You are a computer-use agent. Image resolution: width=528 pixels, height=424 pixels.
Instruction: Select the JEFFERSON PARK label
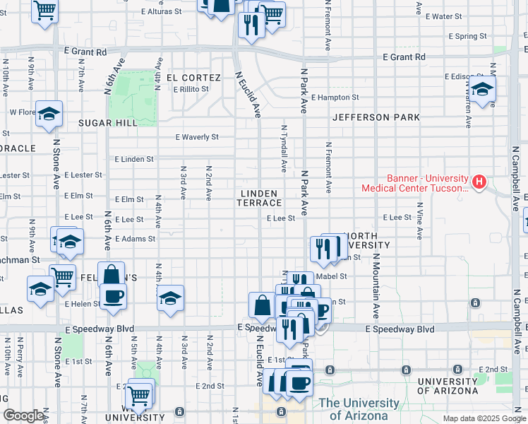click(x=376, y=117)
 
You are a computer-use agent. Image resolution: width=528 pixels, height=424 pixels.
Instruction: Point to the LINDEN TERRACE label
click(x=261, y=198)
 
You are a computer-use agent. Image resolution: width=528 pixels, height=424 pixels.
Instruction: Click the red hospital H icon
click(x=479, y=182)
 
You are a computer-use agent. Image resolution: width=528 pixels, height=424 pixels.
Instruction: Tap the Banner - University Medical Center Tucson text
click(x=414, y=183)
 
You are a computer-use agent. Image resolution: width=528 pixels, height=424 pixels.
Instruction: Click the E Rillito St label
click(x=191, y=89)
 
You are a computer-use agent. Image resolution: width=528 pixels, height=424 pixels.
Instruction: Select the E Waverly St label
click(x=198, y=137)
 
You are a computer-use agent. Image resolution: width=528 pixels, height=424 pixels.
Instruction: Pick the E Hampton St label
click(x=335, y=98)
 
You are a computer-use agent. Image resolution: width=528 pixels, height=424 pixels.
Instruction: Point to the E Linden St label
click(x=133, y=159)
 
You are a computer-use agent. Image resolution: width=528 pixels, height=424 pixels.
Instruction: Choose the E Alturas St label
click(x=162, y=11)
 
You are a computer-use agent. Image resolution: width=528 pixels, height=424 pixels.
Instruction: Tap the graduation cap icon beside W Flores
click(x=49, y=113)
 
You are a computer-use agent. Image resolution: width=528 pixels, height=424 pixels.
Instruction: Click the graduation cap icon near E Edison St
click(x=483, y=90)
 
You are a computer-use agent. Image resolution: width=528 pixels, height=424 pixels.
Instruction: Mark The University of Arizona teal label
click(x=359, y=409)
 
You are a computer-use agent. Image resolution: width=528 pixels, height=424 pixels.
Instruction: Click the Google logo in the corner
click(x=23, y=416)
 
